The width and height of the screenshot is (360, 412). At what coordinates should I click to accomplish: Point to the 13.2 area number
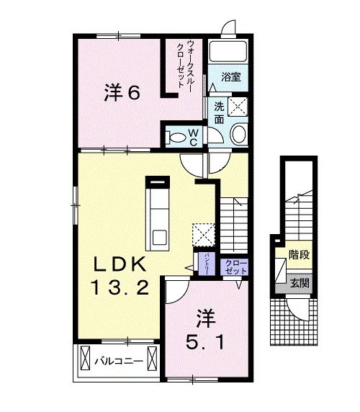tap(120, 289)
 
